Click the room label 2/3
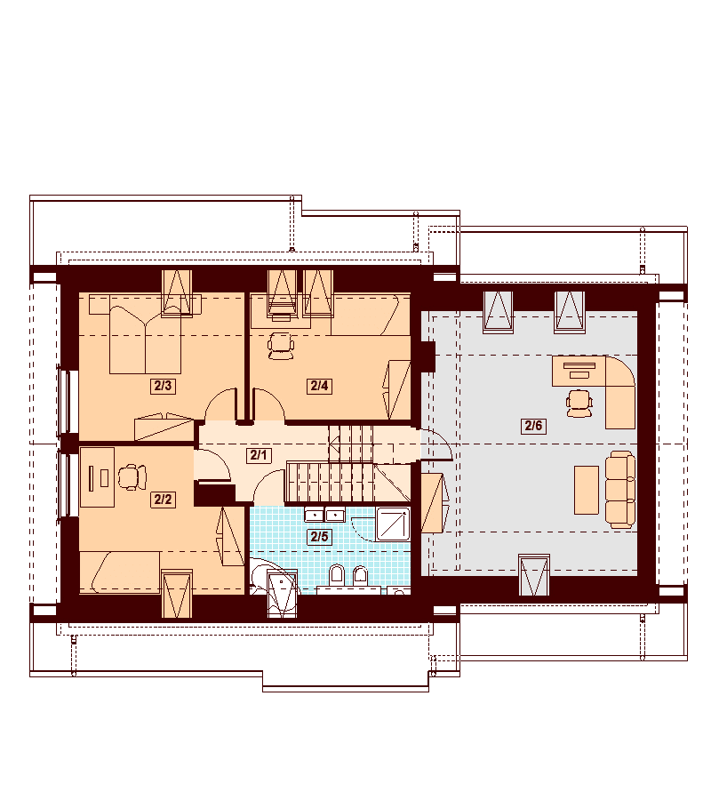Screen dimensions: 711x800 point(163,386)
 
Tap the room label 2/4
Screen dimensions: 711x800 point(319,386)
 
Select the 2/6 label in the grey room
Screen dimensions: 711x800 point(533,425)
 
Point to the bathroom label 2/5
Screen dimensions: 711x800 point(319,536)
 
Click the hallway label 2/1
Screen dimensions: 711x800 point(259,454)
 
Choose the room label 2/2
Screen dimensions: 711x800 point(163,500)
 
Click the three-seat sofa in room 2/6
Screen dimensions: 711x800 point(620,489)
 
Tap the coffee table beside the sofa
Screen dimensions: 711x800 point(587,490)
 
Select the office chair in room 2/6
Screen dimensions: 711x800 point(579,404)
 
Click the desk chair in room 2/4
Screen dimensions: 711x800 point(281,346)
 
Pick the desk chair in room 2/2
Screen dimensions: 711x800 point(132,477)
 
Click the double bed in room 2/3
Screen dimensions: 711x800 point(146,340)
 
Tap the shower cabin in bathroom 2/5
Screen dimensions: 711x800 point(393,524)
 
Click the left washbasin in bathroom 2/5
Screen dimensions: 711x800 point(315,515)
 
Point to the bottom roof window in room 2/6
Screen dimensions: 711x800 point(534,575)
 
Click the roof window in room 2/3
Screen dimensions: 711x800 point(177,292)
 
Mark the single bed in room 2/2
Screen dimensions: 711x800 point(120,572)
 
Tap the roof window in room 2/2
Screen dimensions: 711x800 point(177,594)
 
